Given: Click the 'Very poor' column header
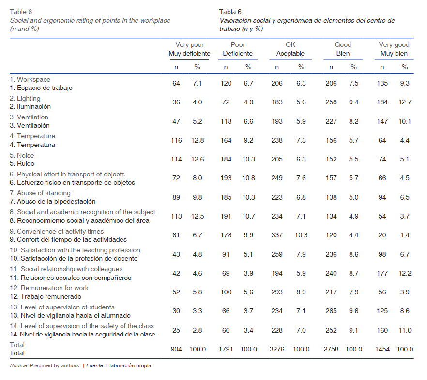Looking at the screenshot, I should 189,45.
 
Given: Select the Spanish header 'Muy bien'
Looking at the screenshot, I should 394,54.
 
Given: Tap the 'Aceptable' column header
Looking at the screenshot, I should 290,54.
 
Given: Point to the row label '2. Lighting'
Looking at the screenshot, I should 25,98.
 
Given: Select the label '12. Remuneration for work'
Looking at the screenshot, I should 49,288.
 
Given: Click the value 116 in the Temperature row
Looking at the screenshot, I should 176,140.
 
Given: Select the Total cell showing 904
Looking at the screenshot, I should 176,349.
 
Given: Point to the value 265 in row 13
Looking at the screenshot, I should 331,311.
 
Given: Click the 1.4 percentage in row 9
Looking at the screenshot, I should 405,235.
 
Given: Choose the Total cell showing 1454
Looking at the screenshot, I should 383,349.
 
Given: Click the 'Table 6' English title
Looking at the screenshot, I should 21,12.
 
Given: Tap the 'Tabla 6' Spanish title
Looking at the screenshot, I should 230,12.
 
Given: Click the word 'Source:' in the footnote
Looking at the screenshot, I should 19,365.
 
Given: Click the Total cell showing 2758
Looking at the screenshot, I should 331,349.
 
